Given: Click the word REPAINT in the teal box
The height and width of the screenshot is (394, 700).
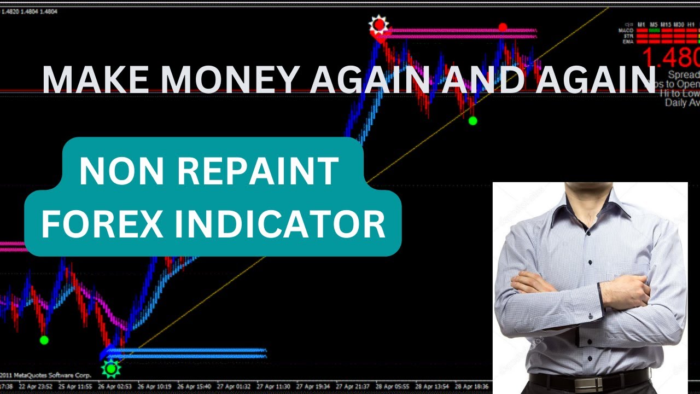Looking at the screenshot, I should click(x=257, y=171).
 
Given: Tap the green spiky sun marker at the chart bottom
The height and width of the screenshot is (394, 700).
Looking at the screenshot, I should click(x=112, y=369).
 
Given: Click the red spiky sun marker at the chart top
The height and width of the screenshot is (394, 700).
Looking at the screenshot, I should click(x=378, y=25).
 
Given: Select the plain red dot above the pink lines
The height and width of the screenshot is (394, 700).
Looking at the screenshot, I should click(x=503, y=27).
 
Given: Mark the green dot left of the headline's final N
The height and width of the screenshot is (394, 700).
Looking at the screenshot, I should click(x=472, y=120).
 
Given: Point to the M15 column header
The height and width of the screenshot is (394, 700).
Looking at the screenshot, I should click(x=666, y=25).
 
